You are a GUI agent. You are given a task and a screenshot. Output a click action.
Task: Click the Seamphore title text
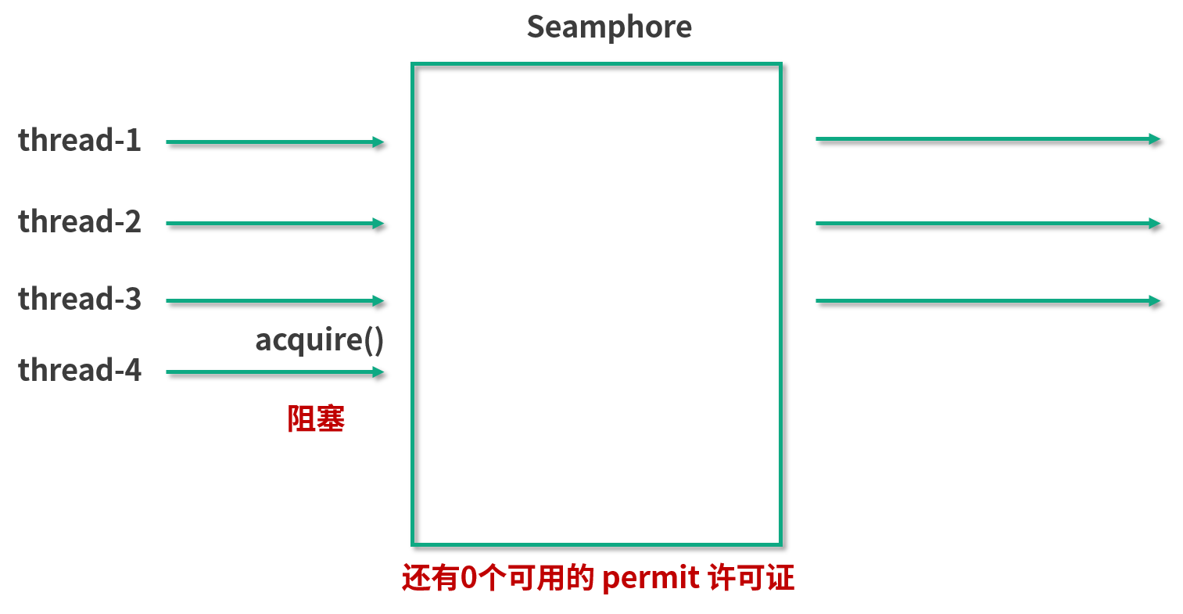[x=609, y=27]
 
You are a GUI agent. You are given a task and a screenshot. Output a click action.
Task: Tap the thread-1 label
[x=80, y=141]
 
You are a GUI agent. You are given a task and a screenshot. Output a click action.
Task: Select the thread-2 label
[x=80, y=222]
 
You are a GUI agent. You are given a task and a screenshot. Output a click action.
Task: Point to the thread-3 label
[x=80, y=300]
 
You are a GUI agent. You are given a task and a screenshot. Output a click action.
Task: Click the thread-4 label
[x=80, y=370]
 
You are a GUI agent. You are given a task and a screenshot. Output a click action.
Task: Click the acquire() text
[x=319, y=340]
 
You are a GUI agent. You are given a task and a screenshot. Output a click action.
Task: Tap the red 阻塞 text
[x=316, y=419]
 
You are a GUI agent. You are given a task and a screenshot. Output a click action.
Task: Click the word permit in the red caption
[x=651, y=579]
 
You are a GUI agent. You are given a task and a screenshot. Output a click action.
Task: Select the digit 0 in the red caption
[x=468, y=579]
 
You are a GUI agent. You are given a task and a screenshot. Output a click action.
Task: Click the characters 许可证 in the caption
[x=751, y=579]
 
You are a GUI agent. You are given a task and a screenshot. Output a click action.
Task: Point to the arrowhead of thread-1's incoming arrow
[x=379, y=142]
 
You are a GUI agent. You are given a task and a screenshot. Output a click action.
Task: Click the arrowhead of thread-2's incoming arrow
[x=379, y=223]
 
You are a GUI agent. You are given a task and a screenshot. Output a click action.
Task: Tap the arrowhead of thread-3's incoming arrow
[x=379, y=300]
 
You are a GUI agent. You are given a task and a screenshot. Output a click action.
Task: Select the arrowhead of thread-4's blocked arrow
[x=379, y=372]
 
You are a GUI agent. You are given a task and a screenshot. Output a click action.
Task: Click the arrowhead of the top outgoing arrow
[x=1155, y=138]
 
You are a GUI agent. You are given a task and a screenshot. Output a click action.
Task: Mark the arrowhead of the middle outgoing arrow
[x=1155, y=223]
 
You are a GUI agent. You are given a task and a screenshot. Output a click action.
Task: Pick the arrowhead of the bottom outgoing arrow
[x=1155, y=300]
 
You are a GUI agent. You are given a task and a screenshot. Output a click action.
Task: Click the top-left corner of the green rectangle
[x=413, y=64]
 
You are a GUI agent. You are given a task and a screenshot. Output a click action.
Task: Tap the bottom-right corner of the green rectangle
[x=780, y=544]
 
